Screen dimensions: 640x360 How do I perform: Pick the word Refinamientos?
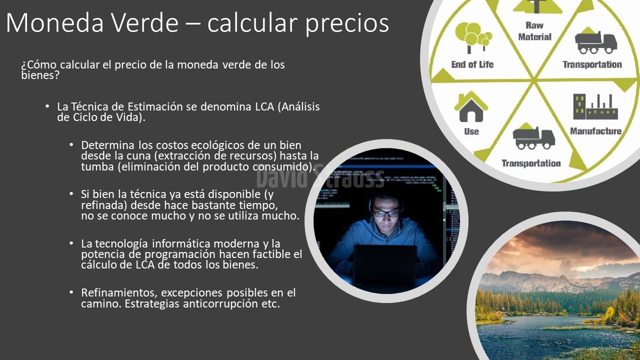pos(119,293)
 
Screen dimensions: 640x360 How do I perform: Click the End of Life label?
pos(472,64)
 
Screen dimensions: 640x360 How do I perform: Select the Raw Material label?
pos(534,31)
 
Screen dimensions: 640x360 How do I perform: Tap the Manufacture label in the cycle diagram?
pos(595,131)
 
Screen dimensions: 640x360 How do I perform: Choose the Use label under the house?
pos(471,131)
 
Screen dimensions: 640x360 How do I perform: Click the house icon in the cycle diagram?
pos(471,107)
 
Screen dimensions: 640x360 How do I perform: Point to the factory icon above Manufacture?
pos(595,106)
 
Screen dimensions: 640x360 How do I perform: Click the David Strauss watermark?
pos(320,177)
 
